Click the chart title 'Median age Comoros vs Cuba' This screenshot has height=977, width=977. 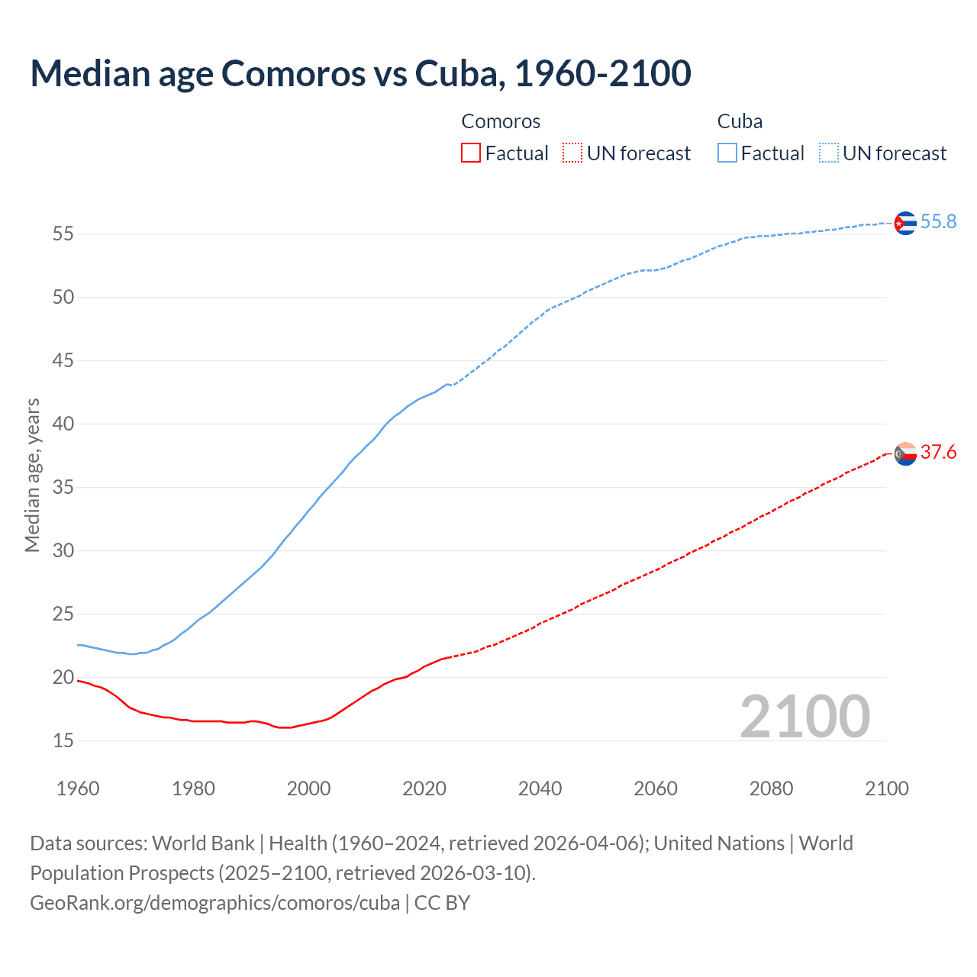point(360,73)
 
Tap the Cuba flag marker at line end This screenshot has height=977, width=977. point(904,223)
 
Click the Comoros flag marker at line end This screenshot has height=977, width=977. point(904,453)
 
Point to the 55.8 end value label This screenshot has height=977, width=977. point(938,221)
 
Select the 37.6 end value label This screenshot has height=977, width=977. point(938,453)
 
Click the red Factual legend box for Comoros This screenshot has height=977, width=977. point(471,153)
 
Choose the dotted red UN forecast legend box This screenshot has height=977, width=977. point(572,153)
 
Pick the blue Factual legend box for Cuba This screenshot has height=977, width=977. point(727,153)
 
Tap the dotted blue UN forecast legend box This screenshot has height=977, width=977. point(828,153)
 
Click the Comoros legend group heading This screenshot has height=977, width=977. point(501,121)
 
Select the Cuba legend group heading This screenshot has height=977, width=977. point(740,121)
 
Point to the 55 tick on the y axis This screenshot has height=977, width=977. point(63,234)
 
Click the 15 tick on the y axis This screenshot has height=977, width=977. point(63,740)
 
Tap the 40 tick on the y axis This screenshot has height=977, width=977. point(63,424)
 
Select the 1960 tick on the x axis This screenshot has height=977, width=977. point(78,788)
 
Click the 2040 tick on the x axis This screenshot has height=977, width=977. point(540,788)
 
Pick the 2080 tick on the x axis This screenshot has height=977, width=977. point(771,788)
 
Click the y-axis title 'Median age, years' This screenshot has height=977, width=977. point(32,475)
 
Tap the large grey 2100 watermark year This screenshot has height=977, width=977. point(805,716)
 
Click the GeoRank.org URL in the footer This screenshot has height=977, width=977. point(214,903)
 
